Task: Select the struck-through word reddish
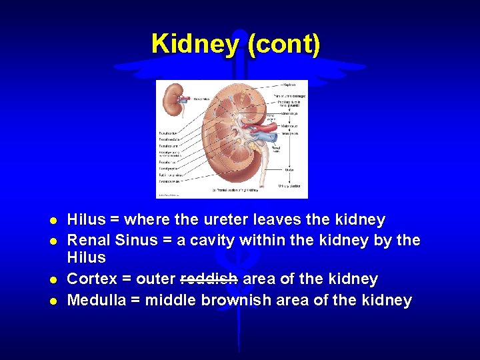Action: [x=209, y=279]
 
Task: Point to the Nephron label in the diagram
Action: [x=290, y=85]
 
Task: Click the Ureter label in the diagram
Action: [x=289, y=169]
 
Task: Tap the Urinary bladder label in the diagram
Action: [x=291, y=185]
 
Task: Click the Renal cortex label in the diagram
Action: [x=168, y=132]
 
